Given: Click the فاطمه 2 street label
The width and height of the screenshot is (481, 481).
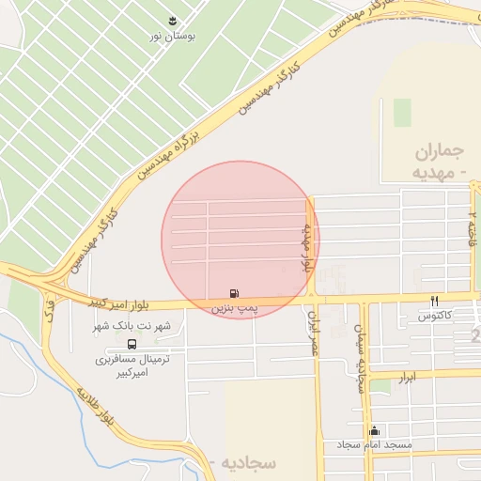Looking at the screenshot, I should click(473, 225).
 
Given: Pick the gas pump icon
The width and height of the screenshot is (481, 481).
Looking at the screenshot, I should click(233, 294).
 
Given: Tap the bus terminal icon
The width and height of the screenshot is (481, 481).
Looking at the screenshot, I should click(131, 344).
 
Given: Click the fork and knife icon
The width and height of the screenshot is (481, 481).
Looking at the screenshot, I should click(435, 302).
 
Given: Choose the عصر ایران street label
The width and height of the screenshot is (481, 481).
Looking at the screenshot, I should click(315, 334).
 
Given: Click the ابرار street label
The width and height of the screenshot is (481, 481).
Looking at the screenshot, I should click(406, 376).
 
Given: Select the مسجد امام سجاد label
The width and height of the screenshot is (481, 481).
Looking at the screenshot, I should click(376, 444).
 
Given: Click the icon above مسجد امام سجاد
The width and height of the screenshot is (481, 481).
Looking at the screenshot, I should click(375, 430).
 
